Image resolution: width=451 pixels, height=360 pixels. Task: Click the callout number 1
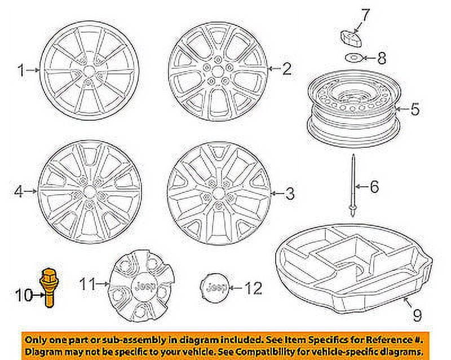point(21,71)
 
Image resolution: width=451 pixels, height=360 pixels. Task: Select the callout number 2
point(286,69)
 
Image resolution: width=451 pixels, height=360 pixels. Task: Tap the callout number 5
point(415,109)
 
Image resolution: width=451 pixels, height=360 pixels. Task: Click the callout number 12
point(253,288)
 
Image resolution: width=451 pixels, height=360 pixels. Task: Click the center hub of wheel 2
point(217,72)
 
